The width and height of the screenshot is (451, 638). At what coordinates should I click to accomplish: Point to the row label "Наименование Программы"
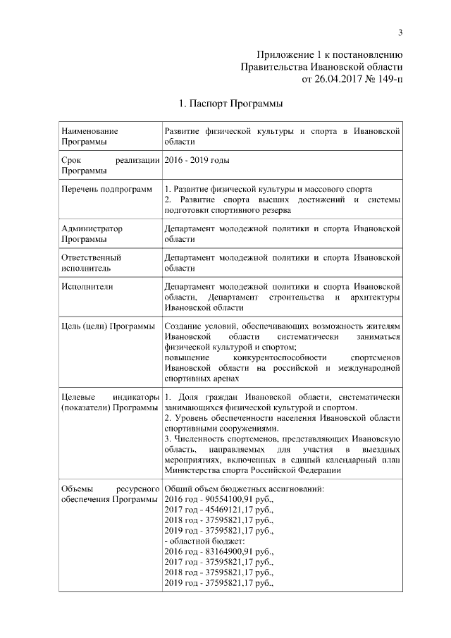click(89, 136)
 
